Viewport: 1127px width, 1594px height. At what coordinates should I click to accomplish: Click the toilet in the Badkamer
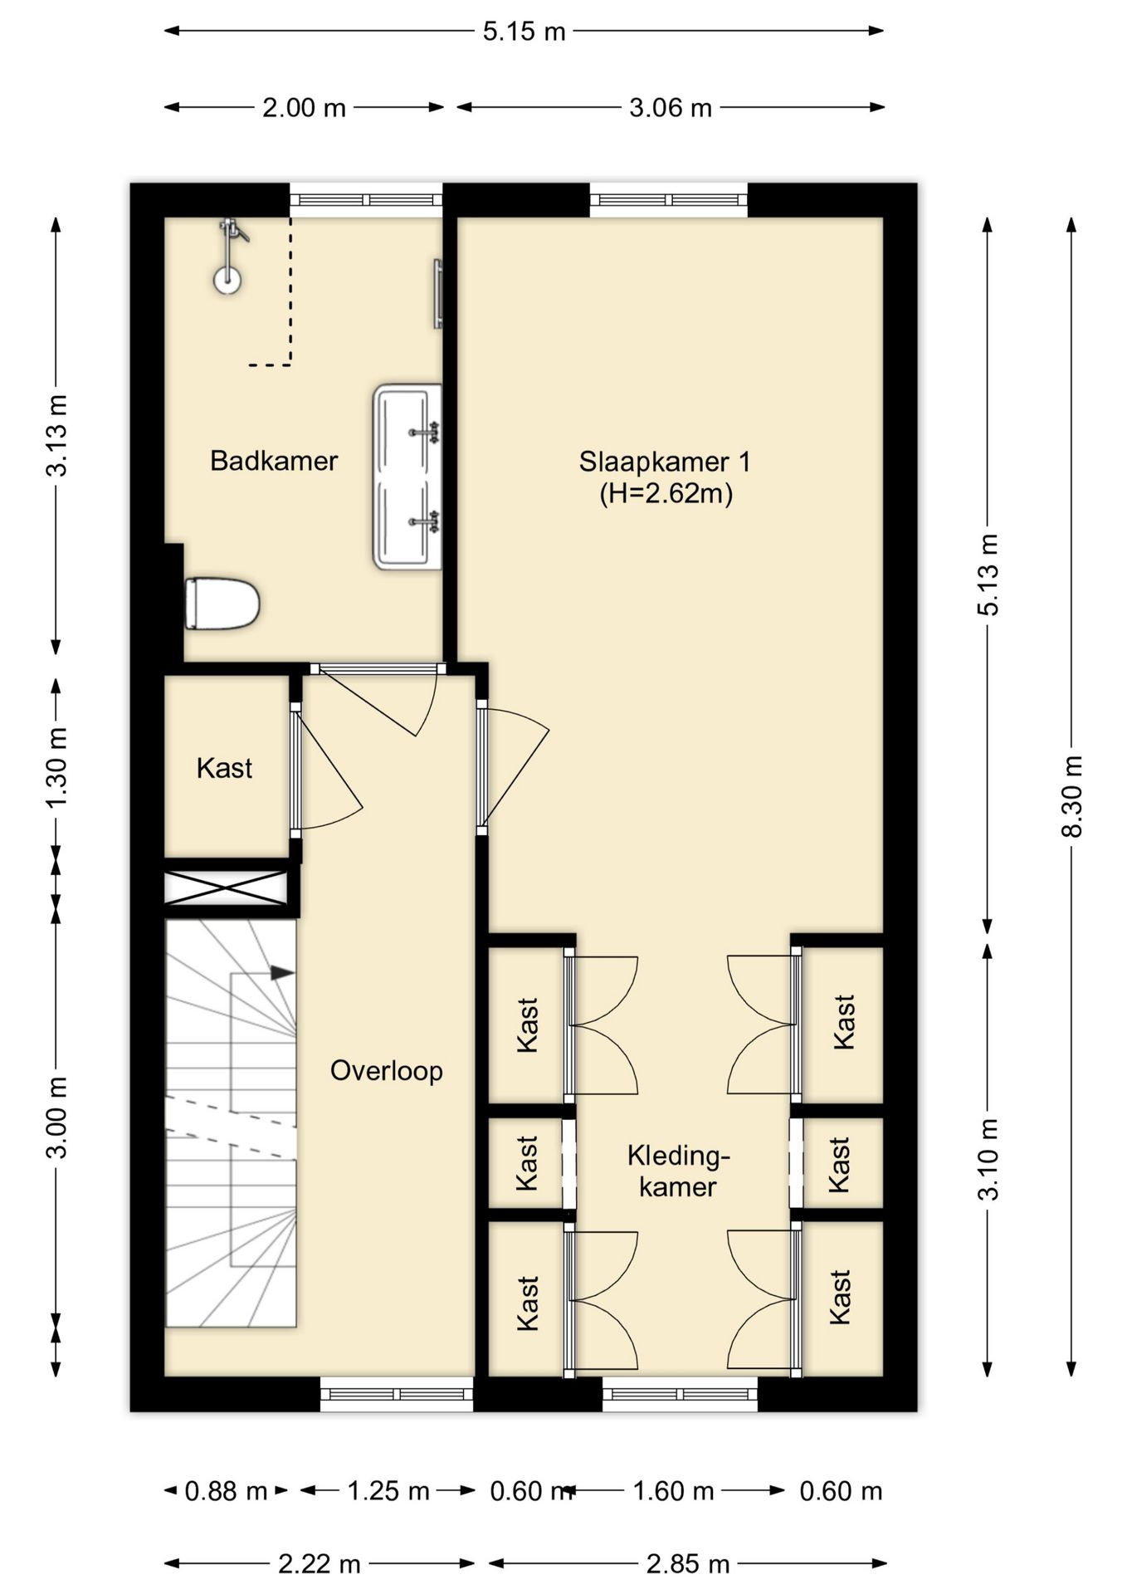point(222,604)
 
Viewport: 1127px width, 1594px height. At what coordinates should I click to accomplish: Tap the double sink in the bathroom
point(407,477)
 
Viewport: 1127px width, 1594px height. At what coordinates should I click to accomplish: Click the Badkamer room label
point(274,461)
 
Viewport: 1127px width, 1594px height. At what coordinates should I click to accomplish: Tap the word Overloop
point(387,1071)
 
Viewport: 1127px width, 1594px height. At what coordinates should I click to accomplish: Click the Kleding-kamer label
point(678,1171)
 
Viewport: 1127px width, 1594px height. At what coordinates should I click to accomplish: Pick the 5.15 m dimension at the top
point(524,32)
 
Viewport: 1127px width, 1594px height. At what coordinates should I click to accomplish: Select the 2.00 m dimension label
point(305,108)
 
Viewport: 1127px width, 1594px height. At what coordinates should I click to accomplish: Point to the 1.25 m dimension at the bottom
point(388,1491)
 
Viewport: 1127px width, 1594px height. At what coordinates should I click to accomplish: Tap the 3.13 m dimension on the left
point(57,435)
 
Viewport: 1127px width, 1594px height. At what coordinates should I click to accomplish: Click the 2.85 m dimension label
point(688,1565)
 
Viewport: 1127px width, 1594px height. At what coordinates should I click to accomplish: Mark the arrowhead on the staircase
point(282,972)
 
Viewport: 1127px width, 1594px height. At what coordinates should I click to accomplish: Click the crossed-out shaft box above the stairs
point(227,887)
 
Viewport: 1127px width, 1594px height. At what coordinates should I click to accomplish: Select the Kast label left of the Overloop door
point(224,768)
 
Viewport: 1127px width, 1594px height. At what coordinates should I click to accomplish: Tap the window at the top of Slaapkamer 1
point(669,200)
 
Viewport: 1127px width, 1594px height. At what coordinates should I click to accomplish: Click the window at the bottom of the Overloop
point(397,1394)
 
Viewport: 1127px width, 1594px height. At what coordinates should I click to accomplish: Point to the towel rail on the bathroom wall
point(437,294)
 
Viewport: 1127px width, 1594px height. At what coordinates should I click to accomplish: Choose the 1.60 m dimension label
point(674,1491)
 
